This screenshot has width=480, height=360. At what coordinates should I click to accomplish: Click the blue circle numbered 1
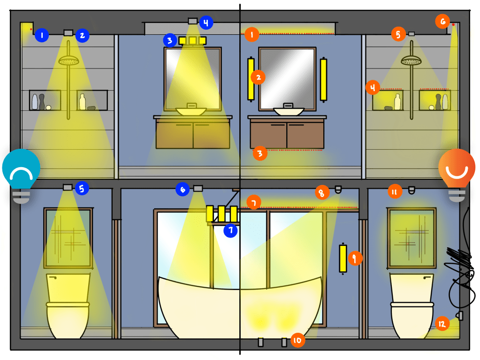point(42,35)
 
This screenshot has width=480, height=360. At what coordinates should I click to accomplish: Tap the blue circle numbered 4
point(206,23)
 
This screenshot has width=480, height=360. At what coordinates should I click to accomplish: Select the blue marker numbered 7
point(230,230)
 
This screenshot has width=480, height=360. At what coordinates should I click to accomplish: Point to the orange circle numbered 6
point(442,22)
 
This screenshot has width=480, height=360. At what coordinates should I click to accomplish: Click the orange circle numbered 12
point(442,323)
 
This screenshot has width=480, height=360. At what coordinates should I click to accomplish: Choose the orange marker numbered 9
point(355,258)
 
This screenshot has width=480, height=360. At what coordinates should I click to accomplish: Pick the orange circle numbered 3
point(260,153)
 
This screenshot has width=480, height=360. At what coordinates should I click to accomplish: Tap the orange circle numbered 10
point(297,340)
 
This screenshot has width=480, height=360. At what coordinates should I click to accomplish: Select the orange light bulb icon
point(457,175)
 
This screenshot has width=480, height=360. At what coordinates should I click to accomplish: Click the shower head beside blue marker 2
point(69,60)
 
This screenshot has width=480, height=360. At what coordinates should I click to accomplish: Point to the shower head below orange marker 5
point(411,60)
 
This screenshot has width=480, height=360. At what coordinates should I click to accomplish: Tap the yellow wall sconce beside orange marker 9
point(343,258)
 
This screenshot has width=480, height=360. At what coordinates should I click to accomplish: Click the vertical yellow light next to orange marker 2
point(251,79)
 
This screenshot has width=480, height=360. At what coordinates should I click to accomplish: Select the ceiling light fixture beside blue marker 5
point(68,187)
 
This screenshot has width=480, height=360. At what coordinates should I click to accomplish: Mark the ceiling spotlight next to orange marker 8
point(338,190)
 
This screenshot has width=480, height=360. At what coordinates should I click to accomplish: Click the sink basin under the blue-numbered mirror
point(191,111)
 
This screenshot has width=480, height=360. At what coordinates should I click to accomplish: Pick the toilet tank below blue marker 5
point(68,288)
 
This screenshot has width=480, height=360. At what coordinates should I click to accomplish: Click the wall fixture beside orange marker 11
point(412,190)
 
